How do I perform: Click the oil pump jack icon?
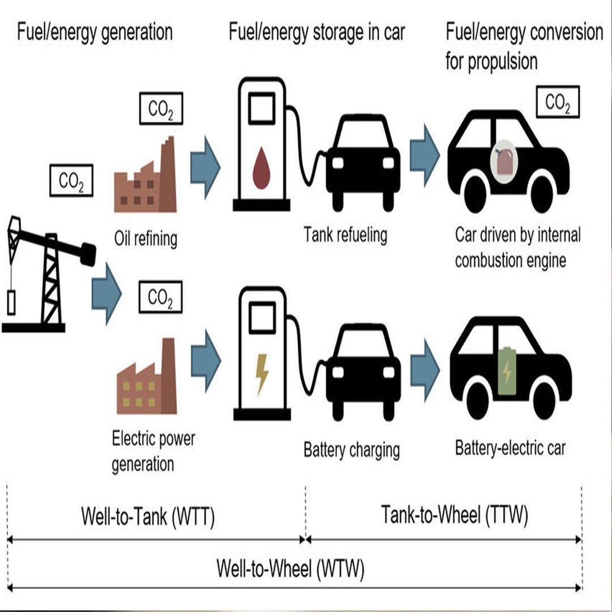tap(48, 272)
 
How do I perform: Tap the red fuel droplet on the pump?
tap(261, 168)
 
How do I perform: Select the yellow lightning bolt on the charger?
tap(262, 373)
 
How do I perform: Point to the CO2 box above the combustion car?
tap(558, 103)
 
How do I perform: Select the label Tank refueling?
tap(345, 234)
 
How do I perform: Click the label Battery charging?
tap(351, 450)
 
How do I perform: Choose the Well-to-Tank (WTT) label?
tap(148, 517)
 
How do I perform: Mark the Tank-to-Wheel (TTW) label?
tap(454, 515)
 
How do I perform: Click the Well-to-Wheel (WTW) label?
tap(290, 568)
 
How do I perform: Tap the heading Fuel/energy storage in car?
tap(317, 32)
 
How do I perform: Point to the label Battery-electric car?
tap(510, 448)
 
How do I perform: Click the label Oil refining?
tap(146, 239)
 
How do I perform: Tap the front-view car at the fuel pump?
tap(363, 161)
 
